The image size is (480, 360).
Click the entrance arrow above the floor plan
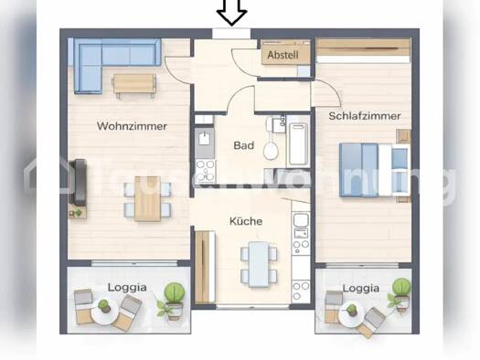(231, 12)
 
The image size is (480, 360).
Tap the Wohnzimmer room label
(132, 126)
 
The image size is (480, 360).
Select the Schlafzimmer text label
(365, 116)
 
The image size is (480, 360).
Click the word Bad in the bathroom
(244, 145)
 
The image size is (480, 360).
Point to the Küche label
(246, 221)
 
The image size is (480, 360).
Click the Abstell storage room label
(283, 55)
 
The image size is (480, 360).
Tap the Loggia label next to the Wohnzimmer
(127, 288)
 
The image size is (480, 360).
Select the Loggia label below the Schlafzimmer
(360, 289)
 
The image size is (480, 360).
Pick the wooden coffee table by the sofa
(134, 84)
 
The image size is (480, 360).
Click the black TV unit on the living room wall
(78, 183)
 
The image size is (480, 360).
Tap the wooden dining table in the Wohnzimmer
(147, 198)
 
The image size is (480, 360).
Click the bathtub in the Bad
(297, 144)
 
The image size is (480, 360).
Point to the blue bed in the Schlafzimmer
(374, 169)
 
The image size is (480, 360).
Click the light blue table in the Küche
(259, 264)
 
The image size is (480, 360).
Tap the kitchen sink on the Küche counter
(301, 220)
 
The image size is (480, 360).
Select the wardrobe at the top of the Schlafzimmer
(363, 50)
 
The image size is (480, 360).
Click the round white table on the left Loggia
(103, 312)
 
